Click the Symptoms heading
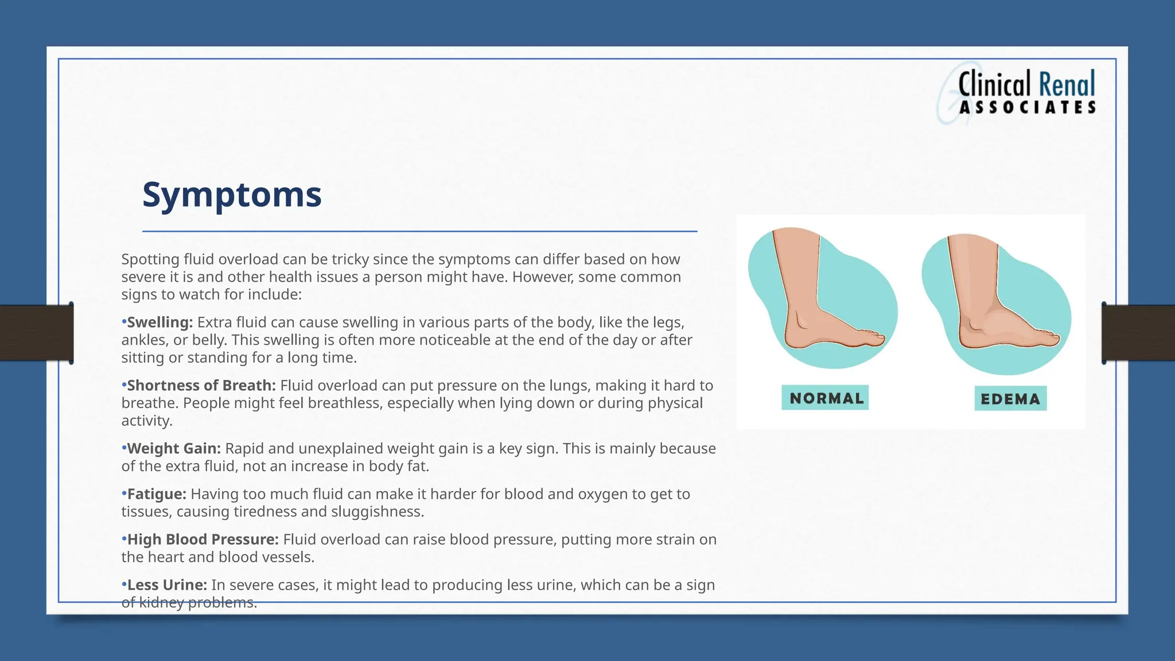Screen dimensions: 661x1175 (232, 195)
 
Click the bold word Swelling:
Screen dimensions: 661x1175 (159, 322)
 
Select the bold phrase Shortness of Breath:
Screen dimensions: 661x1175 (201, 386)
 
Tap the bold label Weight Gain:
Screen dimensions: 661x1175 (173, 449)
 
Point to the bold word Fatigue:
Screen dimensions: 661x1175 (156, 494)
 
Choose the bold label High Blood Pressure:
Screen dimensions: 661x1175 (203, 540)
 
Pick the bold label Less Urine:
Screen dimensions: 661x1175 (166, 585)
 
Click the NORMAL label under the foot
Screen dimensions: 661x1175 (825, 398)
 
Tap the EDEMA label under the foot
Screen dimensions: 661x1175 (1010, 399)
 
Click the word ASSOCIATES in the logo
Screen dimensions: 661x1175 (1028, 108)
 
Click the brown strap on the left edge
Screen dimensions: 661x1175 (36, 333)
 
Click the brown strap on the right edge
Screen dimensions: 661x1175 (1138, 333)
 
